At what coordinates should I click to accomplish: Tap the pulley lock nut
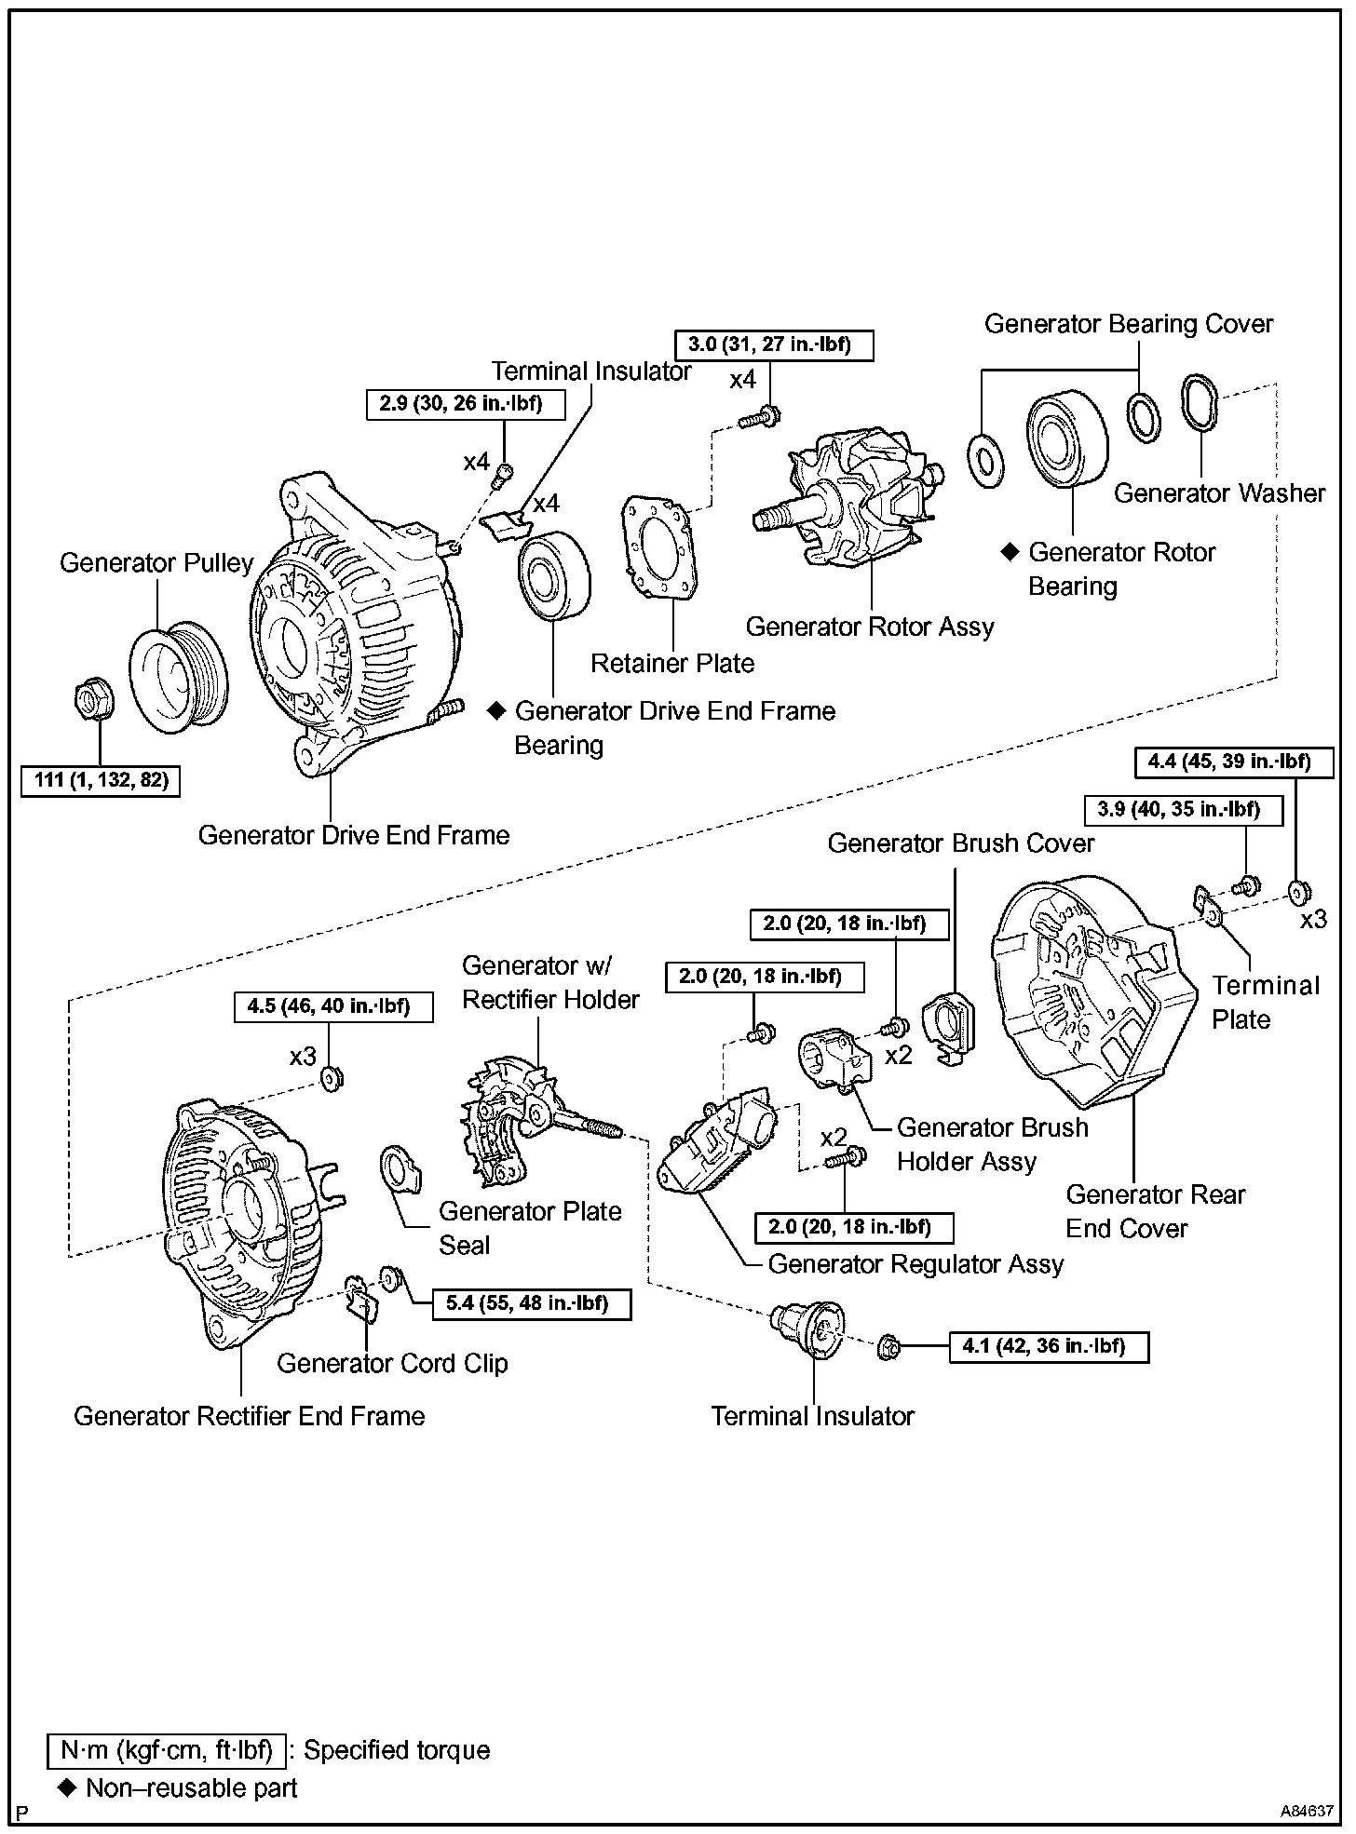93,695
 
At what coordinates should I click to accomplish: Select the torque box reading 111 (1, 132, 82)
101,779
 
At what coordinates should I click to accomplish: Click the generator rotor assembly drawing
861,503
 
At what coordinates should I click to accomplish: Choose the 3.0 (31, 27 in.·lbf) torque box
769,344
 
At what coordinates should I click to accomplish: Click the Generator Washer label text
1219,492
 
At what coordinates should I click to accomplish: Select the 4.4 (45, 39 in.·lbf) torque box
1228,762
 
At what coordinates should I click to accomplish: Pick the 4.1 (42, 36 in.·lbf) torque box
1049,1346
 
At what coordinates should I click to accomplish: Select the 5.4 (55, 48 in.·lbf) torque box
531,1303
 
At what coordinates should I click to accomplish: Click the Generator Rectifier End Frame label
249,1416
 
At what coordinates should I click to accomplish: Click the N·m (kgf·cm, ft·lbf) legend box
167,1750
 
